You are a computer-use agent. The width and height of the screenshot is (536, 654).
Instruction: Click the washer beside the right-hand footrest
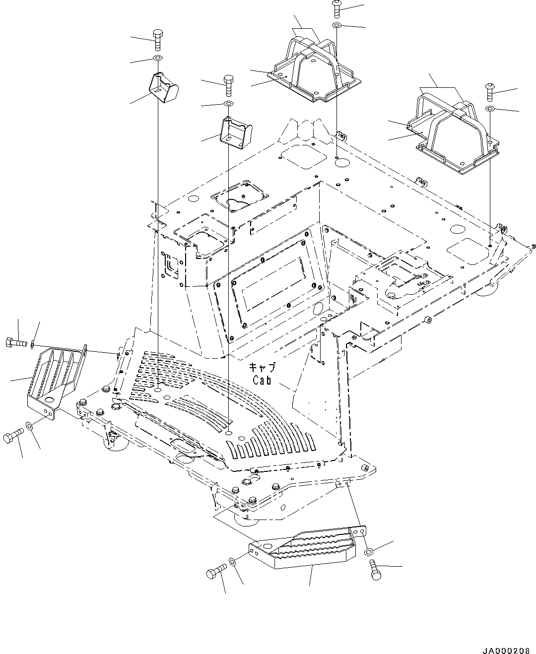point(490,109)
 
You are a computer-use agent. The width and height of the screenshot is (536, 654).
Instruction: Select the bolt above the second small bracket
point(228,85)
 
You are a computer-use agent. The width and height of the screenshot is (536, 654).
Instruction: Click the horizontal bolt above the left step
point(17,342)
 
